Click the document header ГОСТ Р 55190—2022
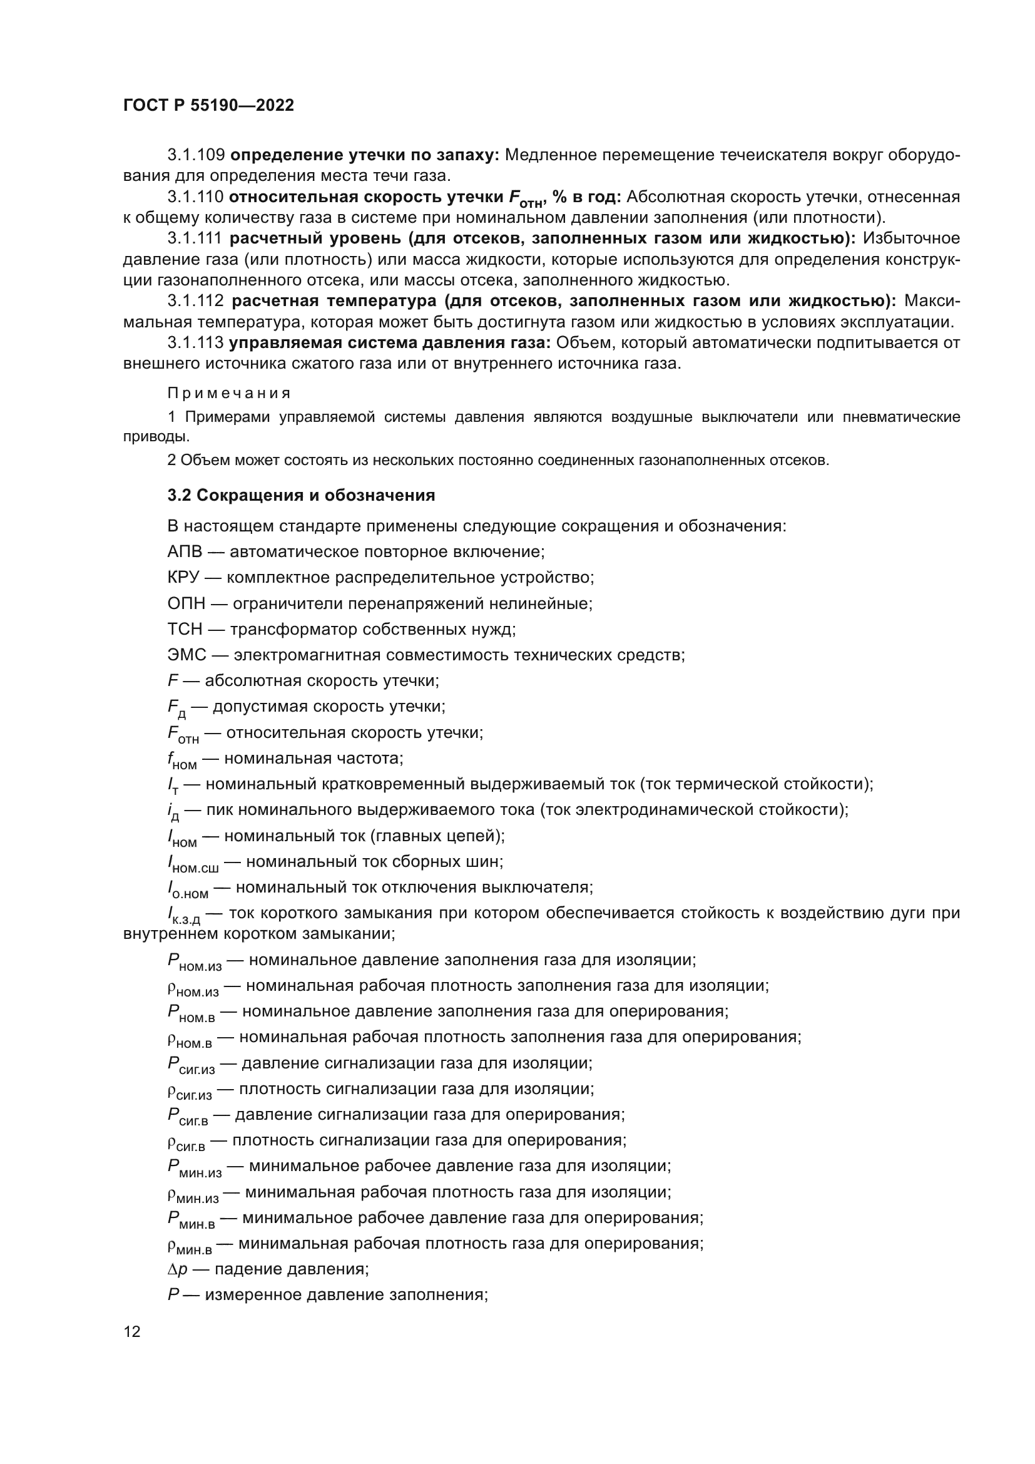point(208,106)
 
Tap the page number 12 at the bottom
point(132,1331)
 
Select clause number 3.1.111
point(195,238)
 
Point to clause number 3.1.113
point(195,343)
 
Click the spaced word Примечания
point(229,393)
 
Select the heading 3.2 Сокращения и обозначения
point(301,496)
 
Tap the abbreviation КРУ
point(183,578)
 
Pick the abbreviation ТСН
point(185,629)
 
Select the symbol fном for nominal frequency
point(181,760)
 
